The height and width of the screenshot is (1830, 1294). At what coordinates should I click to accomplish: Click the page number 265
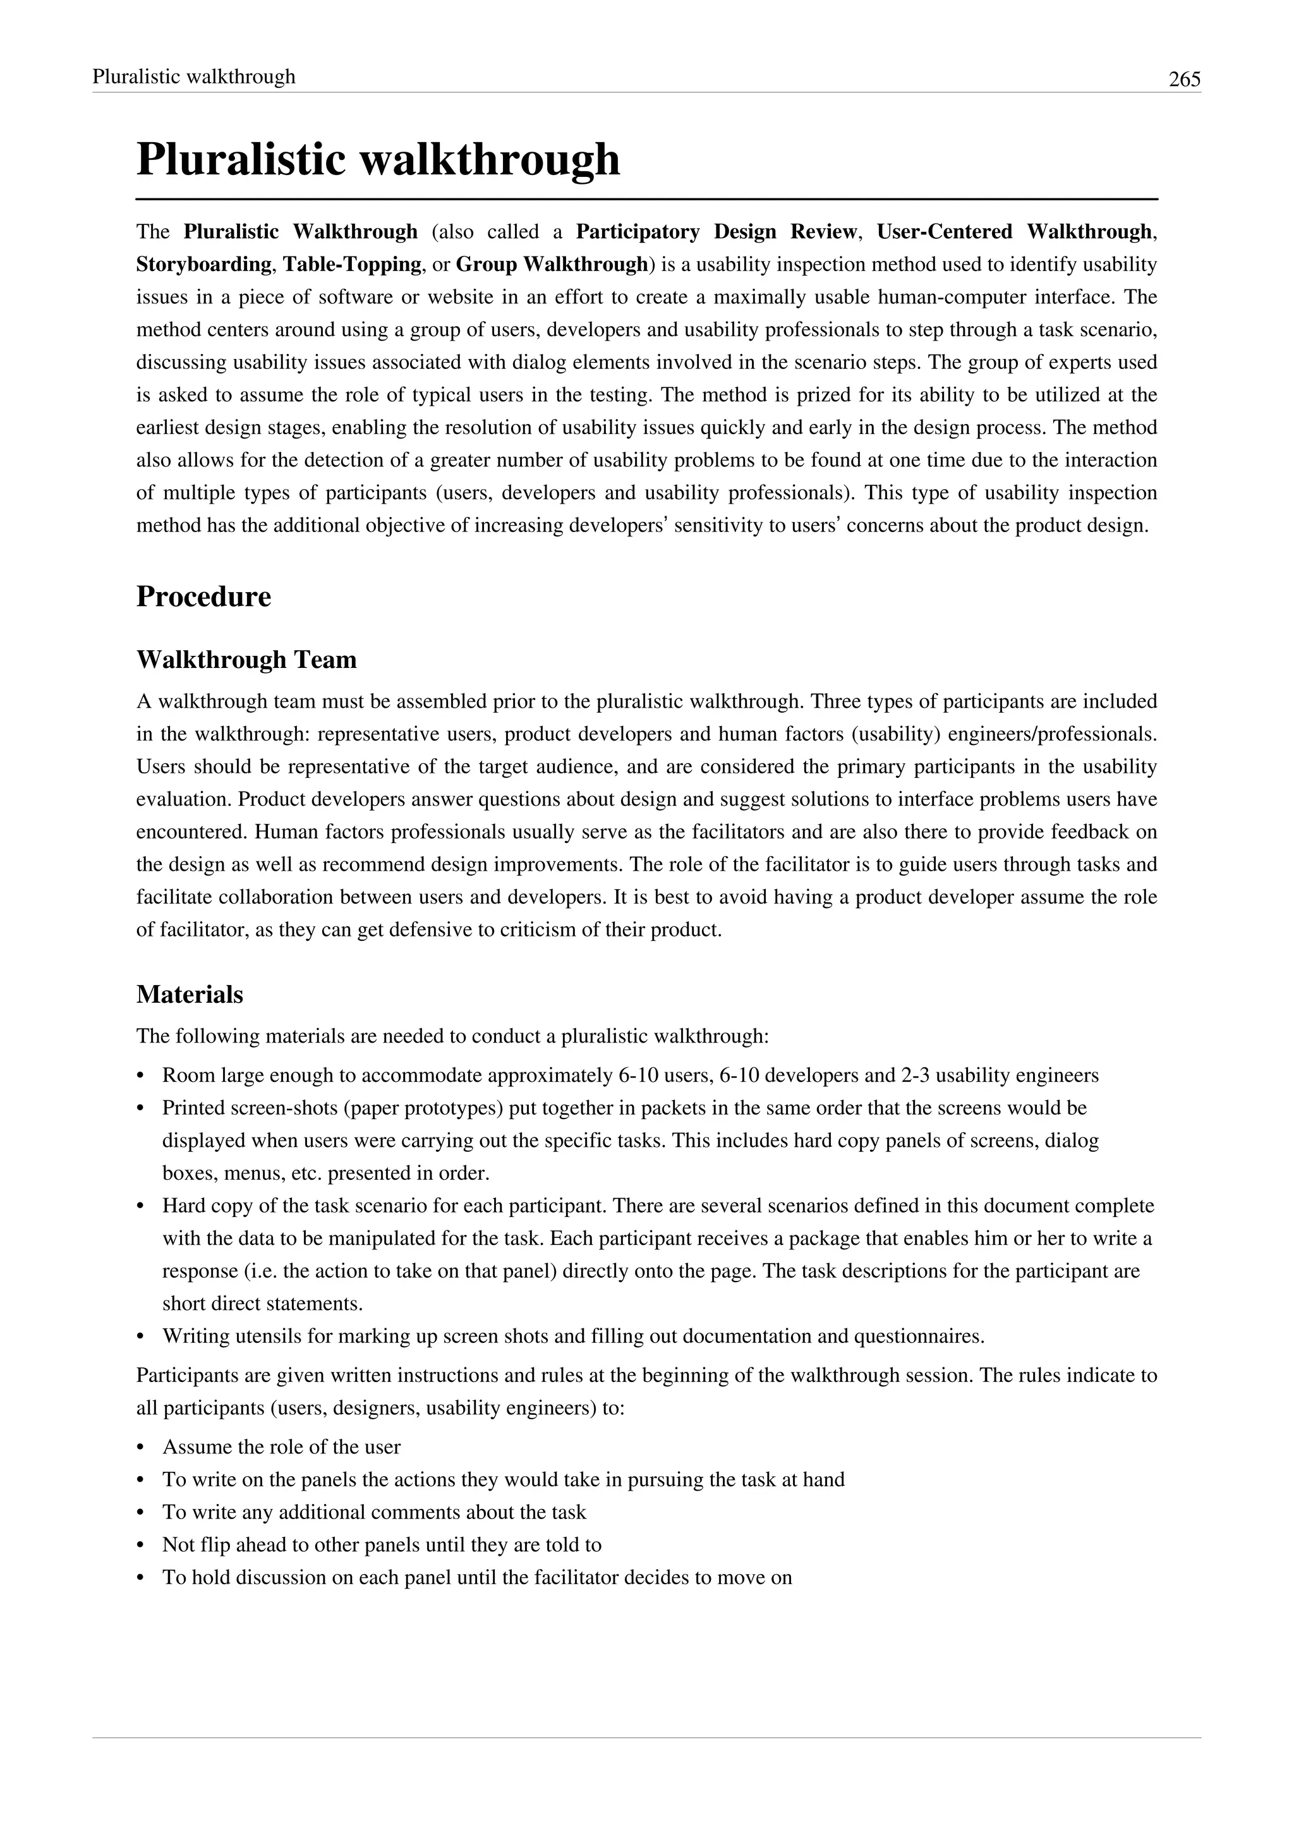1184,79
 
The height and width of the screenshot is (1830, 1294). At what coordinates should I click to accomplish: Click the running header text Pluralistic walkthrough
193,76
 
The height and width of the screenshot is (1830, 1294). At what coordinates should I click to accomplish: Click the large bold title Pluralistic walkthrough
378,159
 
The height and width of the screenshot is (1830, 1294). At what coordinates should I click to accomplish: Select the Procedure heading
203,597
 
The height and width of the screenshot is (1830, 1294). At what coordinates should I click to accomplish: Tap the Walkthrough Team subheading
246,660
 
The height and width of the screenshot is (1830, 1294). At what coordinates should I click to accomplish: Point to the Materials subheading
190,995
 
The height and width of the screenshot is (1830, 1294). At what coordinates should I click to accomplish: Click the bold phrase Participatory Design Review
715,232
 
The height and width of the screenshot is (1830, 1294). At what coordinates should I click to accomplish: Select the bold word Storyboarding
204,265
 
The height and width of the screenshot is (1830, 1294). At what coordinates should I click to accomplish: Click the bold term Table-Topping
351,265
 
